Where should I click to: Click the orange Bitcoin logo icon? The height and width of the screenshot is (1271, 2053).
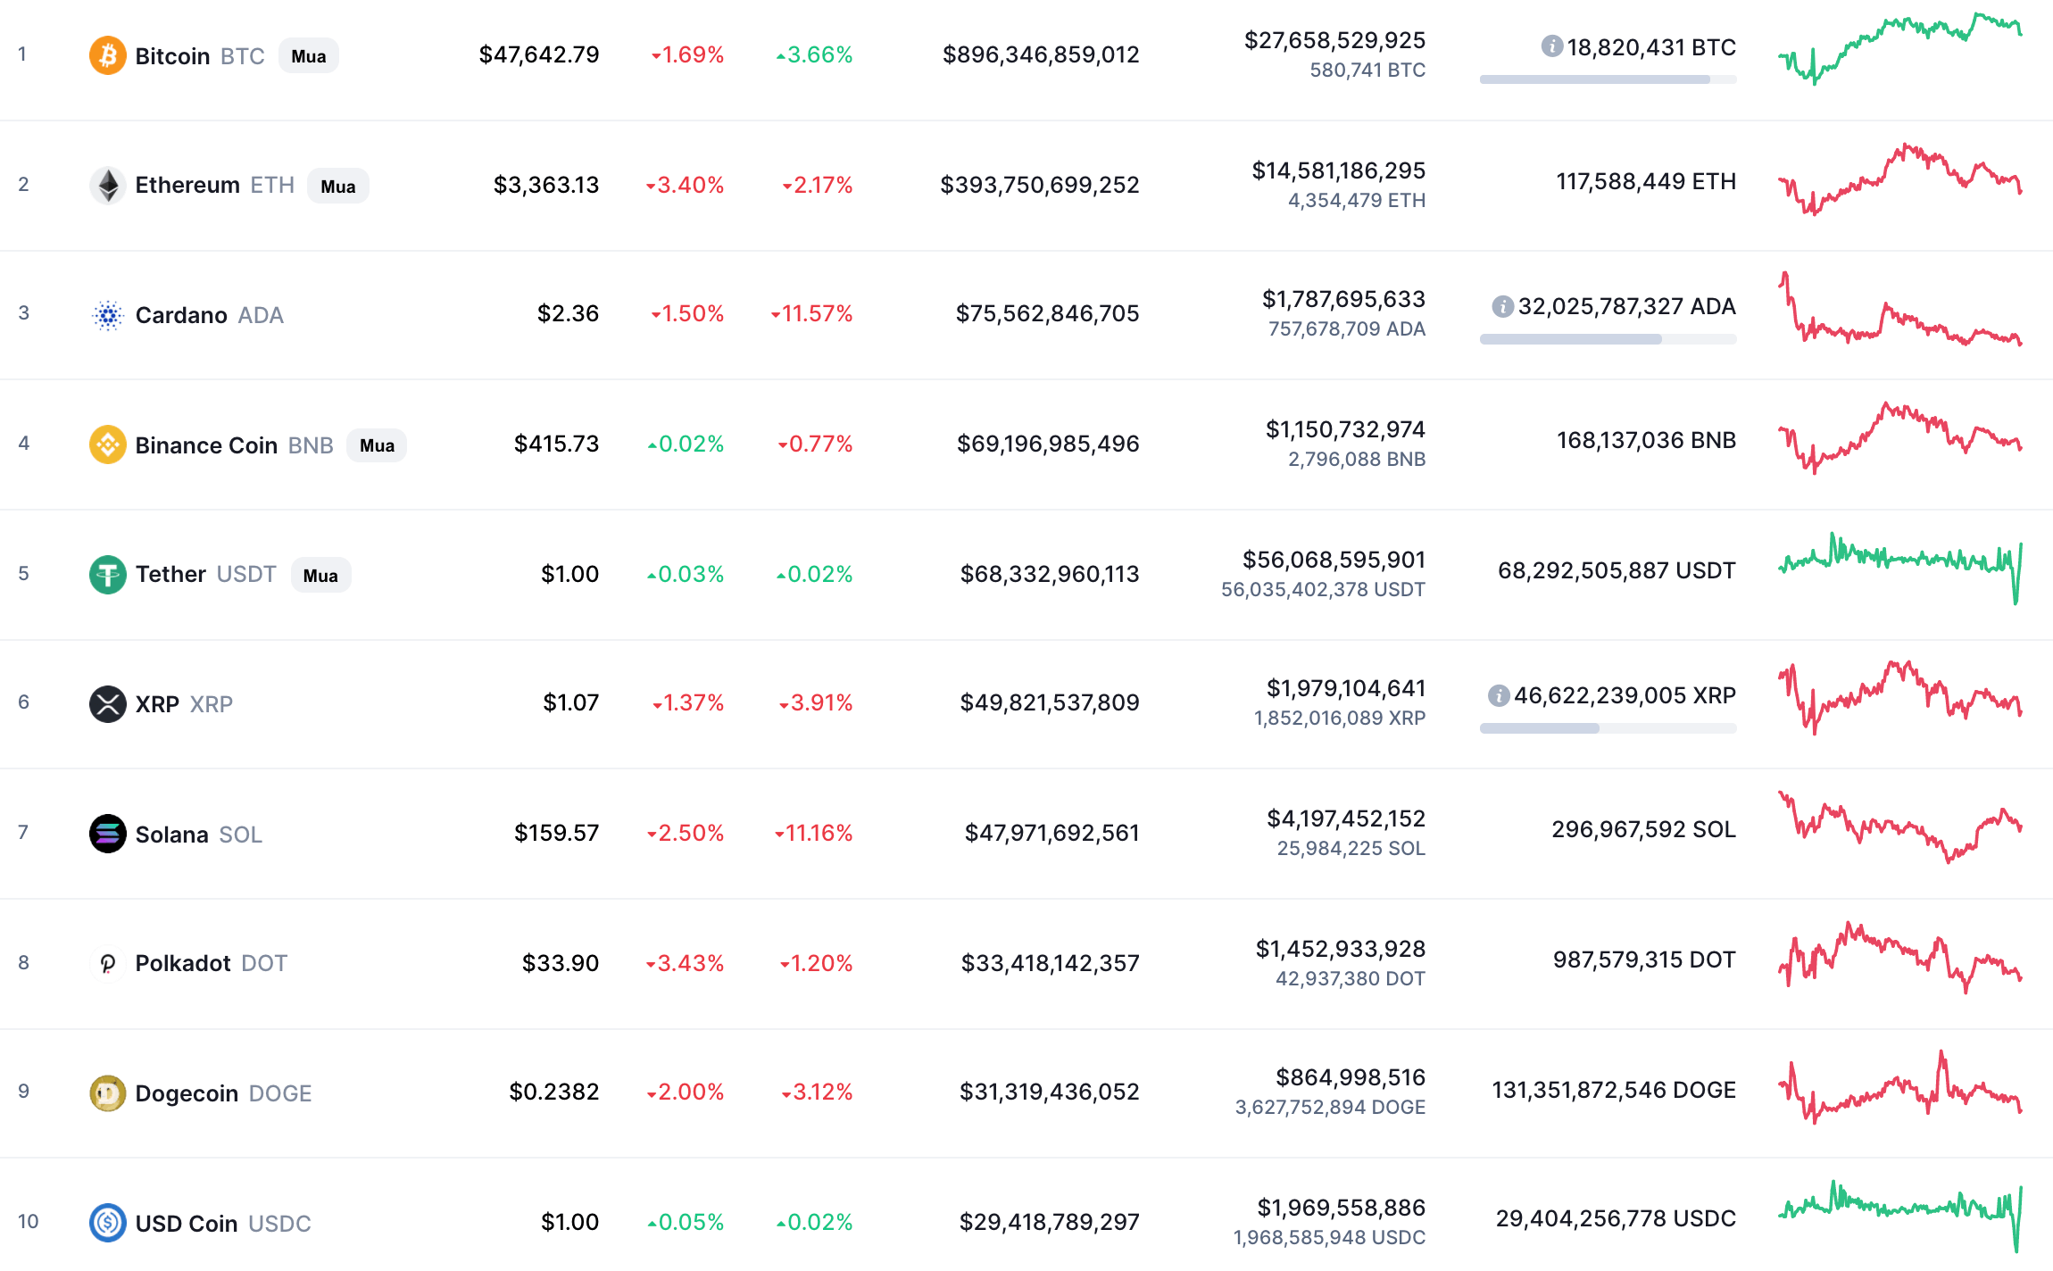click(x=107, y=55)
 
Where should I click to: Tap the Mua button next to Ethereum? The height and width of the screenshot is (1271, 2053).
click(x=338, y=187)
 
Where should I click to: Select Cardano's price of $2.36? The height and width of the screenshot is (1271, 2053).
click(x=568, y=313)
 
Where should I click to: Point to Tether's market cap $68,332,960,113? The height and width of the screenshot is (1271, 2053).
click(x=1049, y=574)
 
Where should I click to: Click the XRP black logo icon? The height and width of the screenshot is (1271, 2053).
click(x=107, y=703)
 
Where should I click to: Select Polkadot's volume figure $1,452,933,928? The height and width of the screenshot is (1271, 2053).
click(x=1340, y=948)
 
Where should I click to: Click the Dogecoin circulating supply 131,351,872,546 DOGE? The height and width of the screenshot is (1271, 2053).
click(x=1613, y=1090)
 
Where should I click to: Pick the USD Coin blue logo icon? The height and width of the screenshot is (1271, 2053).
click(x=107, y=1222)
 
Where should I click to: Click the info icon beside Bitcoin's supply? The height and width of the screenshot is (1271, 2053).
click(x=1552, y=46)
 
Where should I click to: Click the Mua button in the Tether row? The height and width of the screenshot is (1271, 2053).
click(x=320, y=576)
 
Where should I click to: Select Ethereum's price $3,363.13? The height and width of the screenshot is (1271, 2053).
click(x=545, y=185)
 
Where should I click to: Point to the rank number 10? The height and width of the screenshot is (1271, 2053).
click(x=28, y=1221)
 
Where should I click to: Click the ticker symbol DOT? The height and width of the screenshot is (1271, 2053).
click(x=264, y=963)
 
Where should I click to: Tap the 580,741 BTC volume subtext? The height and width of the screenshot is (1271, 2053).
click(x=1367, y=70)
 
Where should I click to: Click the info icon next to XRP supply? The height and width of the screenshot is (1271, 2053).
click(x=1499, y=695)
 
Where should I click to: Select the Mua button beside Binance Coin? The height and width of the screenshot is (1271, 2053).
click(x=377, y=445)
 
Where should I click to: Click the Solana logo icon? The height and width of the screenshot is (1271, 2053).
click(x=107, y=834)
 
